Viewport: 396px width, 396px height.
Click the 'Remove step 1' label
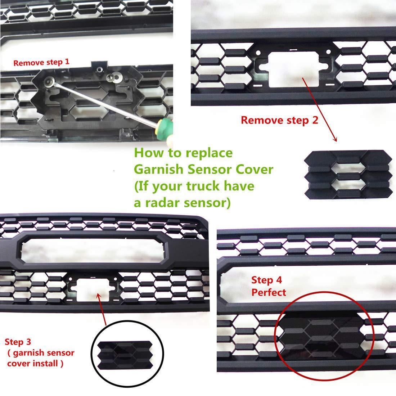(x=41, y=62)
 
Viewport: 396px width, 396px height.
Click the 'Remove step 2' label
(x=279, y=120)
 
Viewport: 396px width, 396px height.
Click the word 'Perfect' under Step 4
(x=269, y=292)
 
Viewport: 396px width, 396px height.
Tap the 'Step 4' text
(x=266, y=280)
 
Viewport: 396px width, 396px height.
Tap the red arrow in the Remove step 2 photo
(x=320, y=108)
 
